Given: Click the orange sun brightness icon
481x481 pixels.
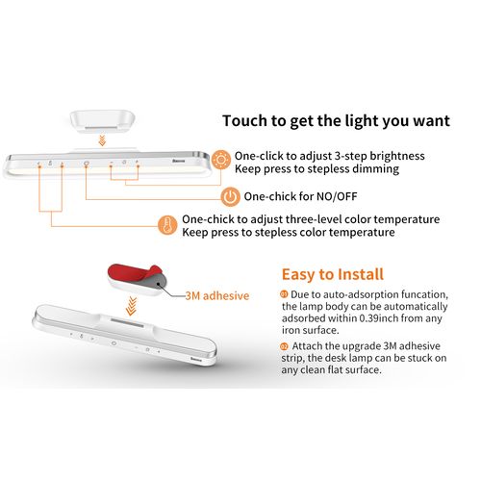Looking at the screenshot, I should point(221,160).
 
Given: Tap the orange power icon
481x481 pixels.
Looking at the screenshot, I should point(230,196).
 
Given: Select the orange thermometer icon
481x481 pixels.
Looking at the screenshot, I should point(167,226).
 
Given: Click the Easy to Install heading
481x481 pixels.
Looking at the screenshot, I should point(332,274).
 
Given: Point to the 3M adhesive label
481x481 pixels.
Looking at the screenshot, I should point(216,295).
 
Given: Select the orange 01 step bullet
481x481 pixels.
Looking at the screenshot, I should point(284,292).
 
